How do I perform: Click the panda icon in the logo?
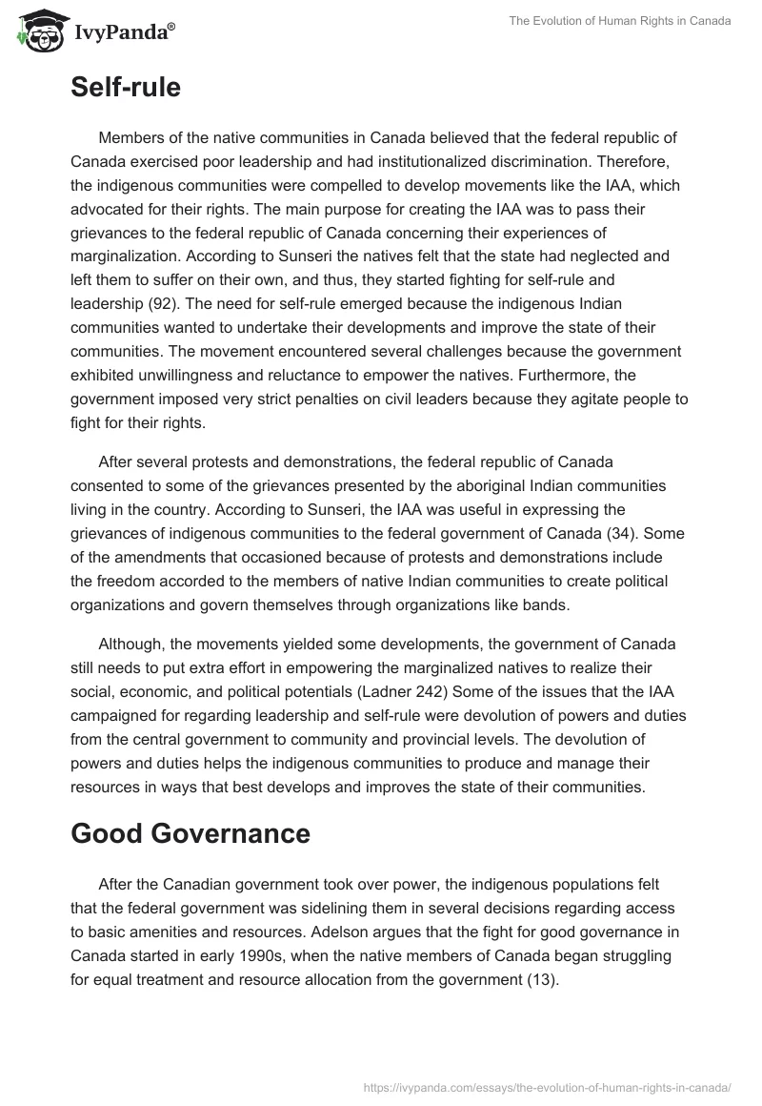[36, 31]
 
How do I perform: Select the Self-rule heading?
[126, 88]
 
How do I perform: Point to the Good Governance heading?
[190, 833]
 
